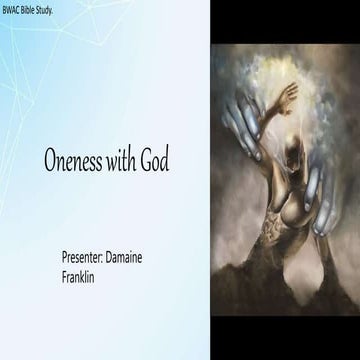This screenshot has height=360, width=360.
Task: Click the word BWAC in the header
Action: pos(15,8)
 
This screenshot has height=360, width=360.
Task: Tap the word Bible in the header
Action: pos(38,8)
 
